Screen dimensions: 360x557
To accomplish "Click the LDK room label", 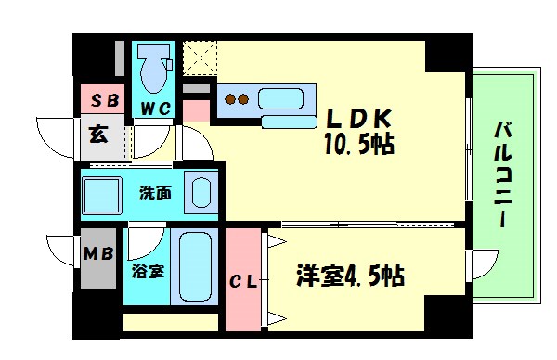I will point(360,119).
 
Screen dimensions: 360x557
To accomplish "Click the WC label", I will point(155,109).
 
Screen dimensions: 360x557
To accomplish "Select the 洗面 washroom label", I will point(154,194).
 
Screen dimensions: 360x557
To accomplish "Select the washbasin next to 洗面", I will point(201,192).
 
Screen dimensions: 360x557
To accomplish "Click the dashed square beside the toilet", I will point(200,58).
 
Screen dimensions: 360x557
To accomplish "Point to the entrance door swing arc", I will point(54,131).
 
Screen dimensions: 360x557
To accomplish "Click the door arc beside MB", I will point(61,251).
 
